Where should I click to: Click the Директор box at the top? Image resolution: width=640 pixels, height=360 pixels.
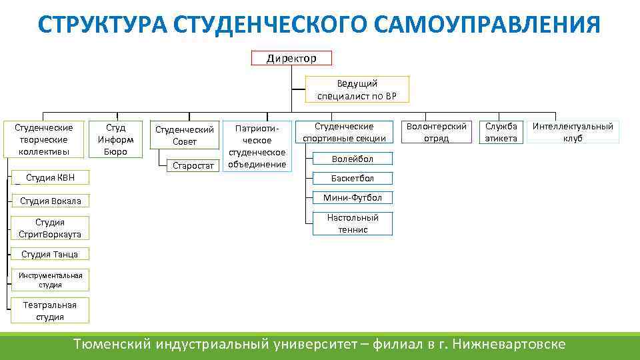[x=291, y=59]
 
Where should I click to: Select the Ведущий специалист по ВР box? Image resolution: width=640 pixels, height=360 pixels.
[x=357, y=90]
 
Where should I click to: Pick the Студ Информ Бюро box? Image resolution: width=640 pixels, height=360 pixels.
[x=116, y=139]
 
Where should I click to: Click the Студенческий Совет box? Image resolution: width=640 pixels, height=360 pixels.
[x=185, y=135]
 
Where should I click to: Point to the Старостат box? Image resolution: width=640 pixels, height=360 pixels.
[x=193, y=164]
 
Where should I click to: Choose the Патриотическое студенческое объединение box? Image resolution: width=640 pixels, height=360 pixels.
[x=257, y=145]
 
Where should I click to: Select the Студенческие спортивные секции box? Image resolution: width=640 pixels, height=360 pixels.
[x=344, y=132]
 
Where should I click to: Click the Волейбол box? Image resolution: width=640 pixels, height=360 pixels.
[x=353, y=159]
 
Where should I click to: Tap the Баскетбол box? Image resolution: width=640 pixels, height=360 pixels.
[x=353, y=178]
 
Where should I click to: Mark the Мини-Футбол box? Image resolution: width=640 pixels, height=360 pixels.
[x=353, y=197]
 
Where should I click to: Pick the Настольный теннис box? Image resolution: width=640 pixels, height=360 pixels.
[x=353, y=223]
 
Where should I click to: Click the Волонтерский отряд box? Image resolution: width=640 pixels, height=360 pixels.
[x=437, y=132]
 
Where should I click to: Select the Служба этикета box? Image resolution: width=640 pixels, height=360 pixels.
[x=501, y=132]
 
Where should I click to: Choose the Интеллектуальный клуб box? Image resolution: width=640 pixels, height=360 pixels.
[x=573, y=132]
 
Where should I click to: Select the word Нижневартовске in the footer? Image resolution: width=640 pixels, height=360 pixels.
[x=509, y=345]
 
